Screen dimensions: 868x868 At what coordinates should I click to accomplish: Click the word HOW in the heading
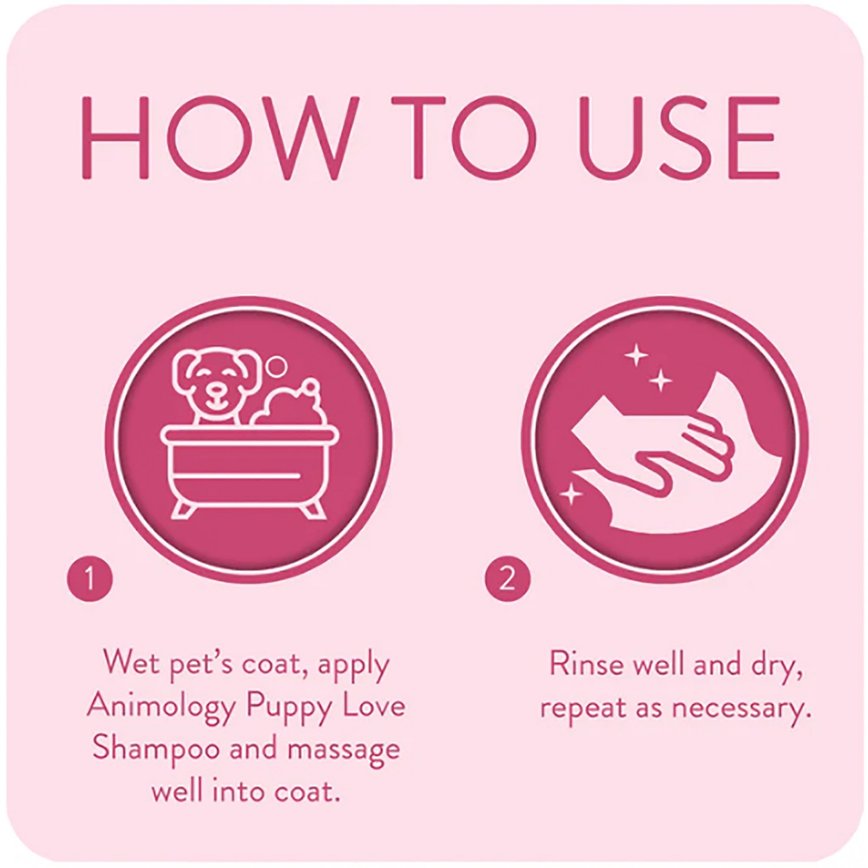pyautogui.click(x=220, y=137)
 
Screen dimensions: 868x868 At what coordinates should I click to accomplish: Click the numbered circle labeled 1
pyautogui.click(x=89, y=579)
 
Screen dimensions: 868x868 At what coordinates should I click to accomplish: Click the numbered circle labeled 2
pyautogui.click(x=508, y=579)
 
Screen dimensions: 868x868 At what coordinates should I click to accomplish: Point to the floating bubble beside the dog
pyautogui.click(x=277, y=367)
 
